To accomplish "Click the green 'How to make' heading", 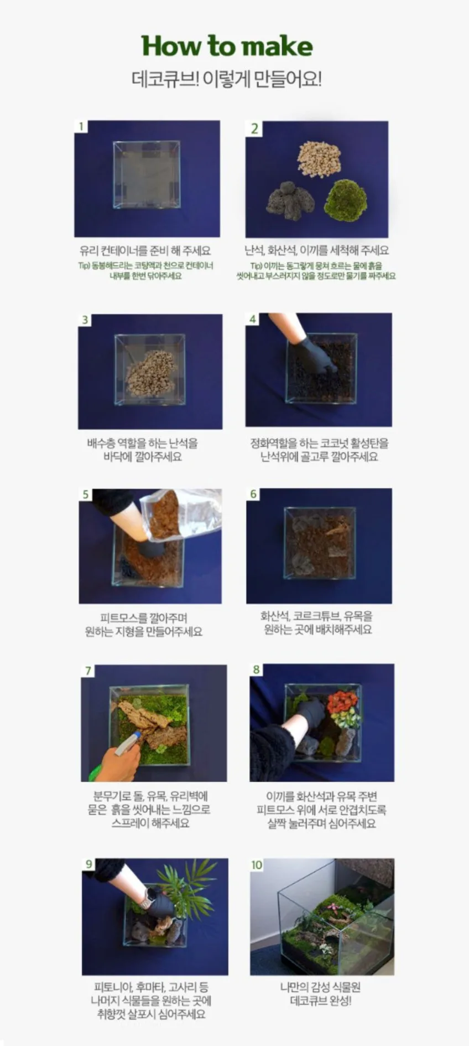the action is pyautogui.click(x=227, y=46).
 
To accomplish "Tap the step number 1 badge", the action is pyautogui.click(x=81, y=126).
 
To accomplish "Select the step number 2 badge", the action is pyautogui.click(x=254, y=128).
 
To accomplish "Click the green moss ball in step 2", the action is pyautogui.click(x=346, y=200).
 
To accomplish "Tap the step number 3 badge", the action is pyautogui.click(x=85, y=320).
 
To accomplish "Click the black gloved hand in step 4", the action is pyautogui.click(x=312, y=354).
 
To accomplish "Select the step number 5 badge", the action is pyautogui.click(x=85, y=494).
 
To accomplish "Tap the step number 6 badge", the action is pyautogui.click(x=253, y=494).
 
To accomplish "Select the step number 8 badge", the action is pyautogui.click(x=256, y=669).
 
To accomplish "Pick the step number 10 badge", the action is pyautogui.click(x=257, y=864).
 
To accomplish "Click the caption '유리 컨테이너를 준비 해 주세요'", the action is pyautogui.click(x=145, y=250).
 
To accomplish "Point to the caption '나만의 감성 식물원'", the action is pyautogui.click(x=320, y=987).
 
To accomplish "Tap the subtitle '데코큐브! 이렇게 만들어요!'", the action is pyautogui.click(x=227, y=79).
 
